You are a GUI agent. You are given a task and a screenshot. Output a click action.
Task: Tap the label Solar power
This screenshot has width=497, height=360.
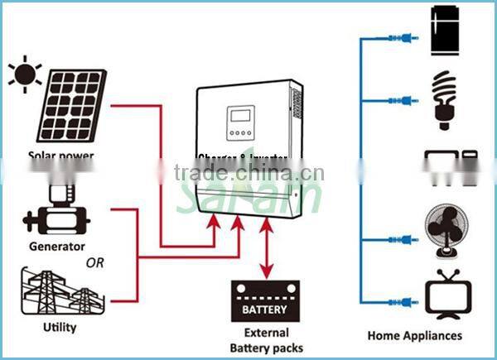61,155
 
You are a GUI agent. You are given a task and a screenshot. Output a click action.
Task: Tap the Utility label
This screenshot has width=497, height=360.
60,327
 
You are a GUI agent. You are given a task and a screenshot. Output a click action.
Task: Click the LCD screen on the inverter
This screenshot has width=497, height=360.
241,115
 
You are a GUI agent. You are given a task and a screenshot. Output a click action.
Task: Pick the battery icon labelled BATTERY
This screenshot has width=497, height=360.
264,302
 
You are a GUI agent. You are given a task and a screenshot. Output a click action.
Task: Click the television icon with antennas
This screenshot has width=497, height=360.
447,294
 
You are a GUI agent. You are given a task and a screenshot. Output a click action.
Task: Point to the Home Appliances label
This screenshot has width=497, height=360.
415,335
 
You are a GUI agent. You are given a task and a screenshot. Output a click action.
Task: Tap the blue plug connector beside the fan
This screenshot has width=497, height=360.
406,240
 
